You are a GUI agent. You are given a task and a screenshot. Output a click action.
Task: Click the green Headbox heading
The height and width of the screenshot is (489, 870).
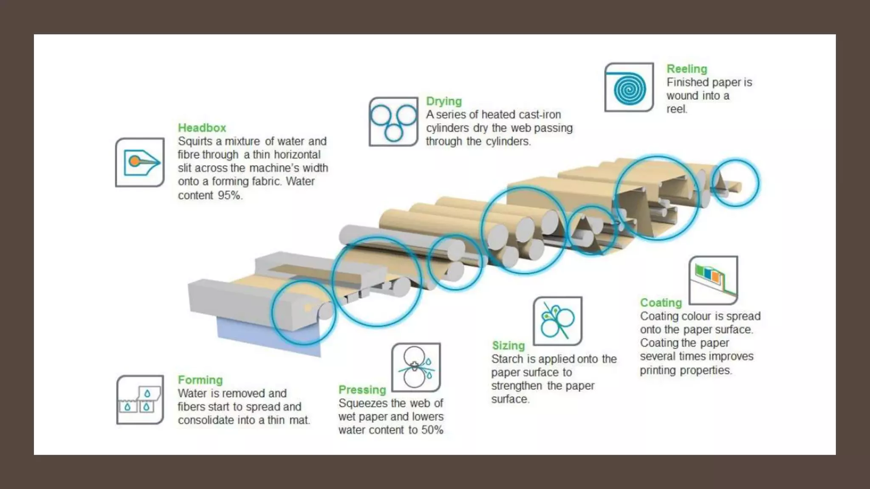pyautogui.click(x=202, y=128)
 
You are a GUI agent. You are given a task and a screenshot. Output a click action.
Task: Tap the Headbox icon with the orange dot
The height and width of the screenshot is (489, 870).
pyautogui.click(x=140, y=162)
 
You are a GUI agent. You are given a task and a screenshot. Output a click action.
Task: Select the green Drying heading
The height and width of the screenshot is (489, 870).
pyautogui.click(x=443, y=101)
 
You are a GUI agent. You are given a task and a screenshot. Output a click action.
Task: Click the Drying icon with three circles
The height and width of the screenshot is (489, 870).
pyautogui.click(x=393, y=122)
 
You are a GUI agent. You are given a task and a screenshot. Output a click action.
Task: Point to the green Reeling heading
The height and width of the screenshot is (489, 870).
pyautogui.click(x=686, y=69)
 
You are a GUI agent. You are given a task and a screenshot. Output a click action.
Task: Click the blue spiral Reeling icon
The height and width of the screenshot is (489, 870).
pyautogui.click(x=629, y=88)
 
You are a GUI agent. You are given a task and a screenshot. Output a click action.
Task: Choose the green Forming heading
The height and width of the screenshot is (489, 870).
pyautogui.click(x=200, y=380)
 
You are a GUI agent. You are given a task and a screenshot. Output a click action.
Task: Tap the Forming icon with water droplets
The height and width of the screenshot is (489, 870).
pyautogui.click(x=140, y=400)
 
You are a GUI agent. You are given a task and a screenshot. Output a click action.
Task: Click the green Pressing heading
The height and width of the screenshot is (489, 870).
pyautogui.click(x=362, y=390)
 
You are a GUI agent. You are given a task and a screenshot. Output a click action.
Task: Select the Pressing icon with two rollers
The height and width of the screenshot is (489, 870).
pyautogui.click(x=416, y=368)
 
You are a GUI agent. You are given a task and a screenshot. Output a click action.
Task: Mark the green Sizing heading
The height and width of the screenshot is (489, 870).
pyautogui.click(x=508, y=346)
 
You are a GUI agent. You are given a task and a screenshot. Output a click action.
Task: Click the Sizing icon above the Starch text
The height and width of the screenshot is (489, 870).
pyautogui.click(x=557, y=321)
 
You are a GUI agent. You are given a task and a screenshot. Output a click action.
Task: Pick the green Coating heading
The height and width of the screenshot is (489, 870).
pyautogui.click(x=661, y=303)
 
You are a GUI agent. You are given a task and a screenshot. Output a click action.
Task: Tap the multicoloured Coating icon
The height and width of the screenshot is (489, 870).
pyautogui.click(x=713, y=280)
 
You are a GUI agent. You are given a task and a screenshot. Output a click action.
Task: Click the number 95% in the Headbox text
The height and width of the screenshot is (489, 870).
pyautogui.click(x=230, y=195)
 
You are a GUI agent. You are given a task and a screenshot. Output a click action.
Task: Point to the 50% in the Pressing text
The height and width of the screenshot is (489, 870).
pyautogui.click(x=432, y=430)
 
